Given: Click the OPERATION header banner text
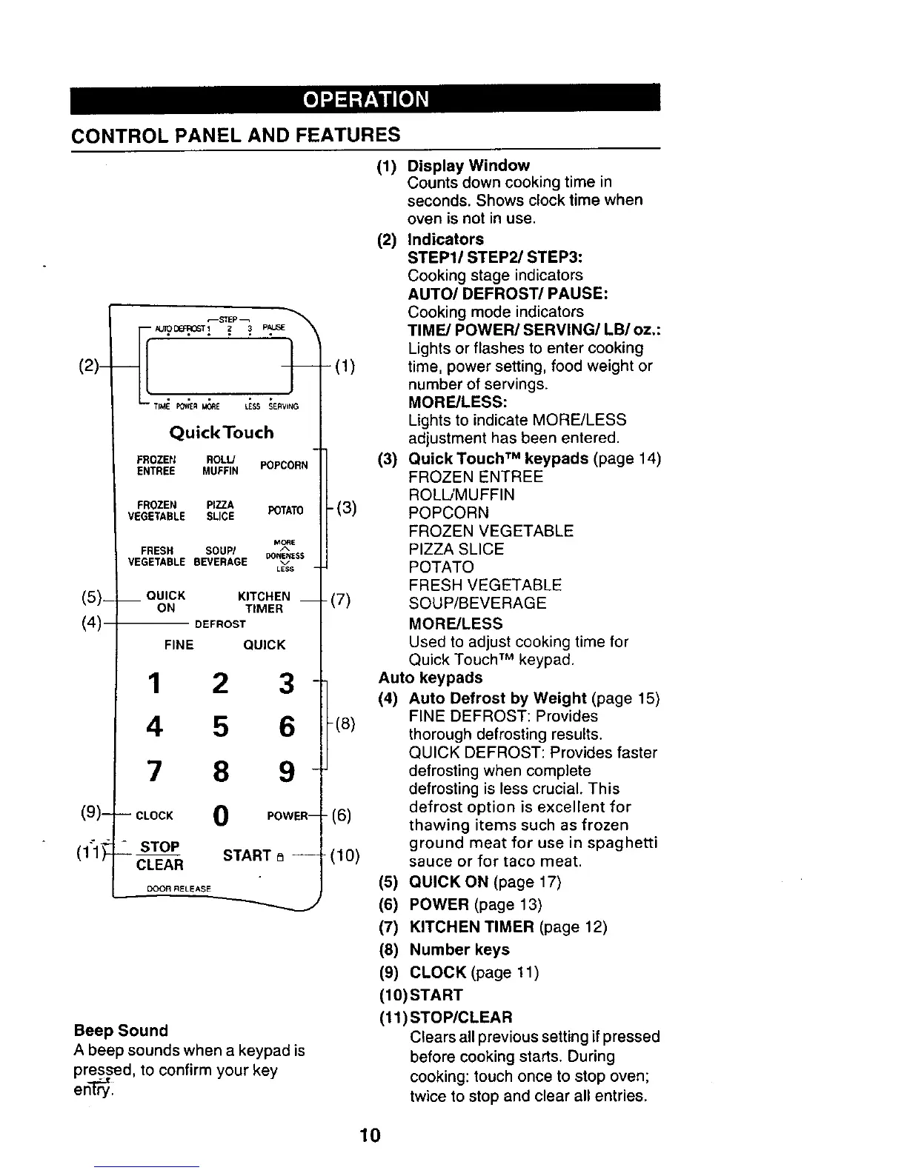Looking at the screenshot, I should pos(365,99).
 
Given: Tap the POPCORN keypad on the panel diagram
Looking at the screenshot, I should pos(284,465).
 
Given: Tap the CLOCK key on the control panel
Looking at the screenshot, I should pos(154,815).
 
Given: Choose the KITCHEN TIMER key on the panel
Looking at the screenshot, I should pos(264,602).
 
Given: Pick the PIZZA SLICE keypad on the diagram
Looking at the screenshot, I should pos(220,510).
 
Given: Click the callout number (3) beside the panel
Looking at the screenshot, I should pos(345,508).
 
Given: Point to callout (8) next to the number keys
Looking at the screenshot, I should pos(345,723).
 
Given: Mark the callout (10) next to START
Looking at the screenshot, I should pos(346,856).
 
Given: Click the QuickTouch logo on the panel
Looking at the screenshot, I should pos(222,432).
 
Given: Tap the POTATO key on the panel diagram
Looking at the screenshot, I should pos(285,511).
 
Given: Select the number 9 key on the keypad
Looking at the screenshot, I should pos(286,772).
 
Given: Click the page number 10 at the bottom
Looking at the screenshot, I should pos(369,1134).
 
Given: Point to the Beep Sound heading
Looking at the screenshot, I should pos(121,1030).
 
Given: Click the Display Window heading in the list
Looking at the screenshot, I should pos(468,165).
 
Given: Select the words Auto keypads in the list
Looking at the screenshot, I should pos(430,678).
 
